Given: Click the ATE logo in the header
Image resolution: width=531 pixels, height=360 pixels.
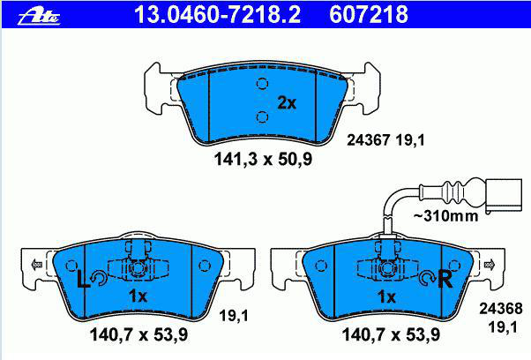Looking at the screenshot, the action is tap(39, 16).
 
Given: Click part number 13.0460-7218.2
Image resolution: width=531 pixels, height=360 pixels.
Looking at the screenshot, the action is tap(217, 15).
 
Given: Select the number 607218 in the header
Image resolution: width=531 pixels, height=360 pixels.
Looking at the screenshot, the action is tap(369, 15).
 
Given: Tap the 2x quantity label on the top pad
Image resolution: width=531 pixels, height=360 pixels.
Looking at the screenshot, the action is tap(287, 102).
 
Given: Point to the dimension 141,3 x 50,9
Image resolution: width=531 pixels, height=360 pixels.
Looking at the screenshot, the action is tap(263, 159).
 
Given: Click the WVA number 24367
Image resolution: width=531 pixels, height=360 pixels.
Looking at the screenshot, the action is tap(369, 140).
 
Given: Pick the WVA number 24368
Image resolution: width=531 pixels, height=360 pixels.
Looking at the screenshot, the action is tap(501, 309).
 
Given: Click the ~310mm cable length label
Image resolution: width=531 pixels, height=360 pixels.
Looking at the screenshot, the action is tap(446, 215).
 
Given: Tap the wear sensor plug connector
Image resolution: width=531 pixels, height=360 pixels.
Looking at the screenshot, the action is tap(504, 196).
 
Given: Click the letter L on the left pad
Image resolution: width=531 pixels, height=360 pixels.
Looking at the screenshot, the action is tap(83, 279).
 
